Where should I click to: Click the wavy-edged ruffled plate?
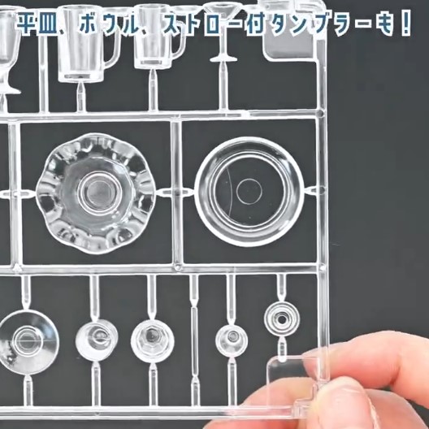(95, 193)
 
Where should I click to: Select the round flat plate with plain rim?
(249, 192)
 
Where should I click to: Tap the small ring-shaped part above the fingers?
(282, 319)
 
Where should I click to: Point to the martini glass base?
(223, 58)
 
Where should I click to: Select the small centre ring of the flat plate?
(249, 192)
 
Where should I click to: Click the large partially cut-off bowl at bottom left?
(27, 342)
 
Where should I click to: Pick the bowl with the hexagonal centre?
(152, 341)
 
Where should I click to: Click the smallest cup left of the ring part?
(232, 340)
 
